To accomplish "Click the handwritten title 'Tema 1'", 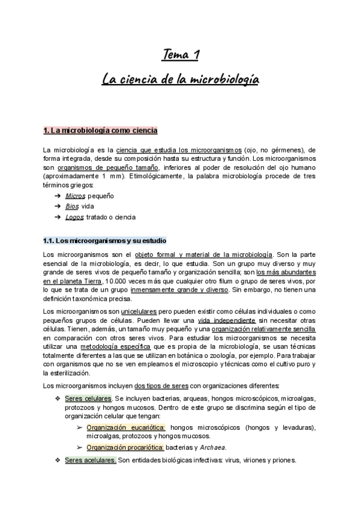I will [180, 56].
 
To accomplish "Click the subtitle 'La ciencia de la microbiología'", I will [180, 79].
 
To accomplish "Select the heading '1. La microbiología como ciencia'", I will [100, 130].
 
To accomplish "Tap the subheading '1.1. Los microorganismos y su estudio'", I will [100, 241].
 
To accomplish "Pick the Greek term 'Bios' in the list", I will [72, 206].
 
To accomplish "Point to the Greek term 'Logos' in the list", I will [74, 217].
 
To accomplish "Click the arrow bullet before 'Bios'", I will [56, 206].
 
